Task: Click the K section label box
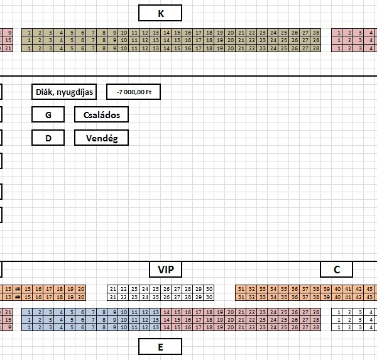point(160,13)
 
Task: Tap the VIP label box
point(166,270)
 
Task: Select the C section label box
point(337,270)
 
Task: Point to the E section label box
point(160,346)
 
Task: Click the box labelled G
point(48,115)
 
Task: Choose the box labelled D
point(48,138)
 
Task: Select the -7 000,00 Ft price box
point(133,92)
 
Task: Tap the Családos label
point(101,115)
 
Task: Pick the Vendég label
point(101,138)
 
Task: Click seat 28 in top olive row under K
point(315,32)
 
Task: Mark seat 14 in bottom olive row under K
point(166,48)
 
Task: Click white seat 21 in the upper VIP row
point(113,288)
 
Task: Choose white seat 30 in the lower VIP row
point(209,297)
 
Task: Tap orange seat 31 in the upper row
point(241,288)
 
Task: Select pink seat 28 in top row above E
point(315,312)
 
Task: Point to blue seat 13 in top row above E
point(155,312)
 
